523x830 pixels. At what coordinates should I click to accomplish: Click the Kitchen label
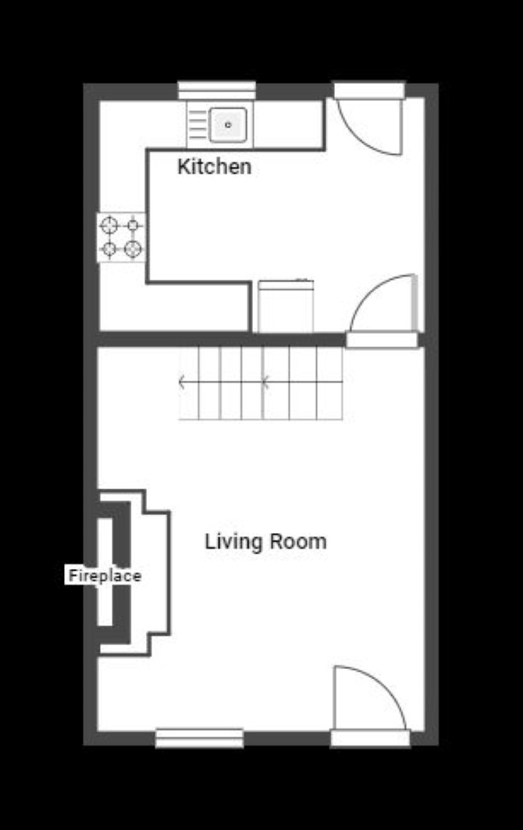coord(214,166)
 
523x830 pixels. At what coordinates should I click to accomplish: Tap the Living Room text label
coord(265,542)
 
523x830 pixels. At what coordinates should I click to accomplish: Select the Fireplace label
coord(105,575)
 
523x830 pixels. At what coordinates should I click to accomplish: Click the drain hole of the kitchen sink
coord(229,125)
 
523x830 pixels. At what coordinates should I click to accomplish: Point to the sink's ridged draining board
coord(197,125)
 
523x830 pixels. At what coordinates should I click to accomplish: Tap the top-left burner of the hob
coord(109,226)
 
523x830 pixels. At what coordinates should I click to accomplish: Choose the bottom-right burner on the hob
coord(133,249)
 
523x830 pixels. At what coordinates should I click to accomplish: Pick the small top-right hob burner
coord(133,226)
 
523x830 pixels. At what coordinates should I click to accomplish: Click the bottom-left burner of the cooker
coord(109,249)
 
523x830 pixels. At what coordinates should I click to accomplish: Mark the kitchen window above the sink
coord(217,90)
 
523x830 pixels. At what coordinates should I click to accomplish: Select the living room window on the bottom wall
coord(199,738)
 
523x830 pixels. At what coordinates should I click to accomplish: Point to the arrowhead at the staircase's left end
coord(181,381)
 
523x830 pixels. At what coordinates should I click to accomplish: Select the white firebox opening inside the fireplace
coord(105,571)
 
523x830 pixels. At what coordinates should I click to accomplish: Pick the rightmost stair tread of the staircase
coord(329,383)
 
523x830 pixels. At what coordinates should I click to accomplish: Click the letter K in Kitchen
coord(183,166)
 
